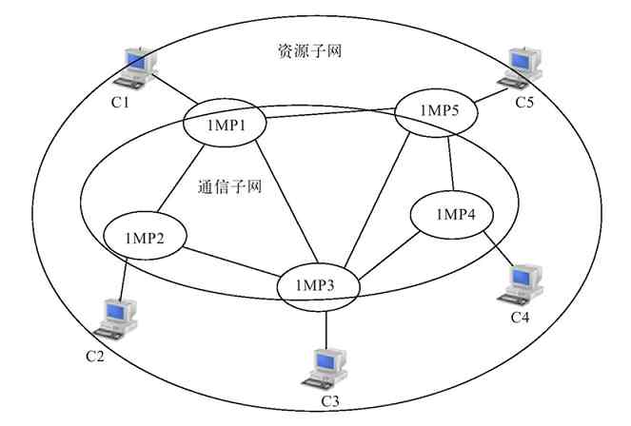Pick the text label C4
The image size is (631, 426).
(520, 317)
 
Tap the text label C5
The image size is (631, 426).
(524, 100)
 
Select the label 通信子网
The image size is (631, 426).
(229, 186)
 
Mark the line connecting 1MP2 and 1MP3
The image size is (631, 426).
(229, 261)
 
